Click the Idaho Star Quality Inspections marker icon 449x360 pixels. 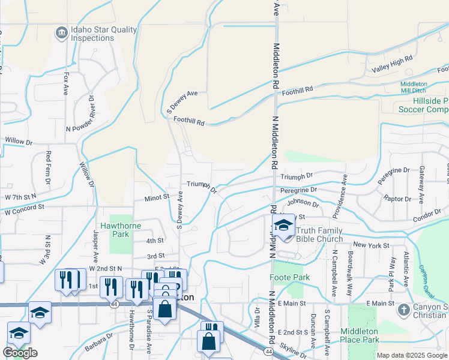(x=61, y=33)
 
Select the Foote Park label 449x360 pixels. (x=290, y=278)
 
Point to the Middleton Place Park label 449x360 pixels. (x=360, y=335)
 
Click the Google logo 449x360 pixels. (x=20, y=353)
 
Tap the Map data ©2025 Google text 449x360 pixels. (x=411, y=355)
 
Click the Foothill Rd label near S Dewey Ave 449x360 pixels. (x=189, y=121)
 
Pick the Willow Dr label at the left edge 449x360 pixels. (x=18, y=141)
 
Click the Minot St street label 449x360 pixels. (x=157, y=196)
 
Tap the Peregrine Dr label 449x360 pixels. (x=297, y=191)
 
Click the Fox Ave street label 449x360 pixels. (x=66, y=84)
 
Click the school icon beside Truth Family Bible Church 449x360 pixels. (x=282, y=226)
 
